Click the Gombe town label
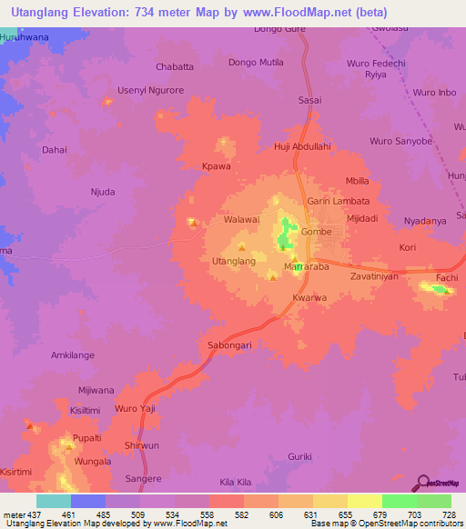pos(316,232)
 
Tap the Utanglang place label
pos(233,261)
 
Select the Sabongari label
pos(225,345)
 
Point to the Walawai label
pos(242,219)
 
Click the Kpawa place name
pos(215,166)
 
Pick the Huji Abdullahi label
pos(302,146)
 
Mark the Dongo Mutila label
pos(256,63)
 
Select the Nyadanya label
pos(425,221)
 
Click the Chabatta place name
pos(176,67)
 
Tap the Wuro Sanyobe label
pos(399,142)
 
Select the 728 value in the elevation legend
pos(447,514)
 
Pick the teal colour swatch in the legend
pos(54,501)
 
